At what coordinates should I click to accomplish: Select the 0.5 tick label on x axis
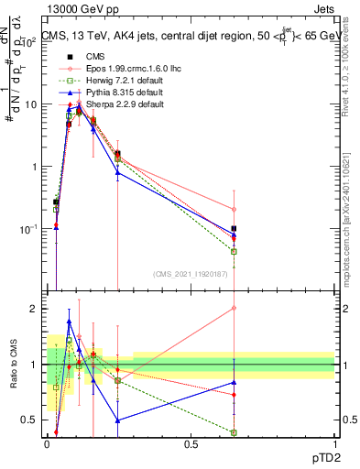[191, 445]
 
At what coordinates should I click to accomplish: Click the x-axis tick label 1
[334, 445]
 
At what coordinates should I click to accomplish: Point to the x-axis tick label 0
[48, 445]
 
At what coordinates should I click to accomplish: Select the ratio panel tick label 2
[35, 309]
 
